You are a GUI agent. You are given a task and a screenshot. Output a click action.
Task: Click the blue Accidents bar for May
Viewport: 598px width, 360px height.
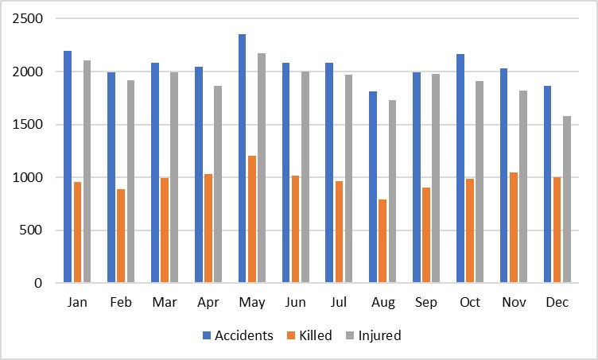coord(242,159)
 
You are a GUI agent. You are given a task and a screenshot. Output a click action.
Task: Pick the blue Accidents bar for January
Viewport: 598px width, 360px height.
coord(68,167)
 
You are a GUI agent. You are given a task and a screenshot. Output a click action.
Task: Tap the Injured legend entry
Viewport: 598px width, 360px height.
coord(379,335)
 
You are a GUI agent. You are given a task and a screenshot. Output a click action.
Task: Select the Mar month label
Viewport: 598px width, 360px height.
coord(165,303)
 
